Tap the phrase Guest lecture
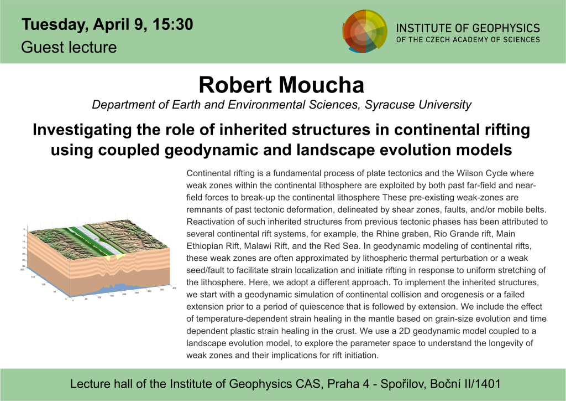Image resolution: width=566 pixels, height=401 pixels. [x=69, y=47]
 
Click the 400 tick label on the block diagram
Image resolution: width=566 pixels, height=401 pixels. [x=174, y=289]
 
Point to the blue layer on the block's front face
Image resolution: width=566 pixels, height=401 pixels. [x=111, y=290]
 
